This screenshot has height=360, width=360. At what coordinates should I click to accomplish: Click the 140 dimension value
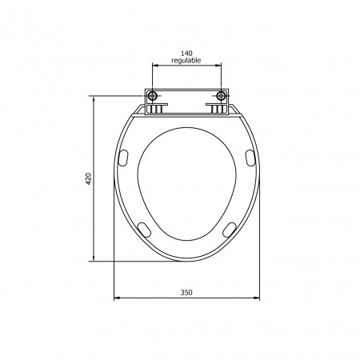pos(186,54)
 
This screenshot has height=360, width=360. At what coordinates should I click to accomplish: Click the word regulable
pos(186,61)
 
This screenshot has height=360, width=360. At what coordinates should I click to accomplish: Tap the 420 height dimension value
pos(89,178)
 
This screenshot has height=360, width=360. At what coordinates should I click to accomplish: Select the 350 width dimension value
pos(186,293)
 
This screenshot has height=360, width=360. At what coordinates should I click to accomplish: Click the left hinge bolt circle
pos(152,96)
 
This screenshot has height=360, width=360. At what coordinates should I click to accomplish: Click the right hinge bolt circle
pos(221,96)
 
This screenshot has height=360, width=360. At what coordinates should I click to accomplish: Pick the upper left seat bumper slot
pos(123,158)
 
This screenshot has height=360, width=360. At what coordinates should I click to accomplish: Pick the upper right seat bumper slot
pos(250,158)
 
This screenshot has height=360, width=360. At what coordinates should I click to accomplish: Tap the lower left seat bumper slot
pos(144,230)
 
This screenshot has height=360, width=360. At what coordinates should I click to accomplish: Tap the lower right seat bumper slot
pos(230,230)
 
